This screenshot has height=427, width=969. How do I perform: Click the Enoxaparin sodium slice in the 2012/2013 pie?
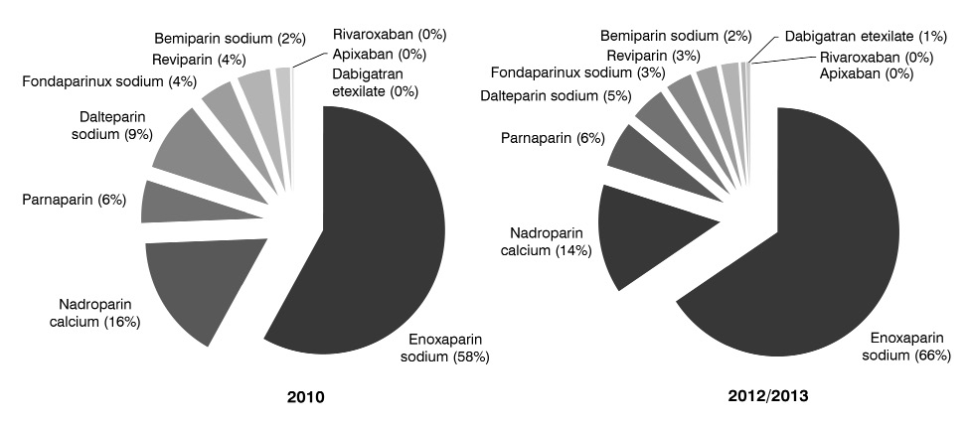[795, 248]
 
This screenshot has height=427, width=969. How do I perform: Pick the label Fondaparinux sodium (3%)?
[565, 72]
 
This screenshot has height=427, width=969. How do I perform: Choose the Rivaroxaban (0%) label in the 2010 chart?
[390, 34]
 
